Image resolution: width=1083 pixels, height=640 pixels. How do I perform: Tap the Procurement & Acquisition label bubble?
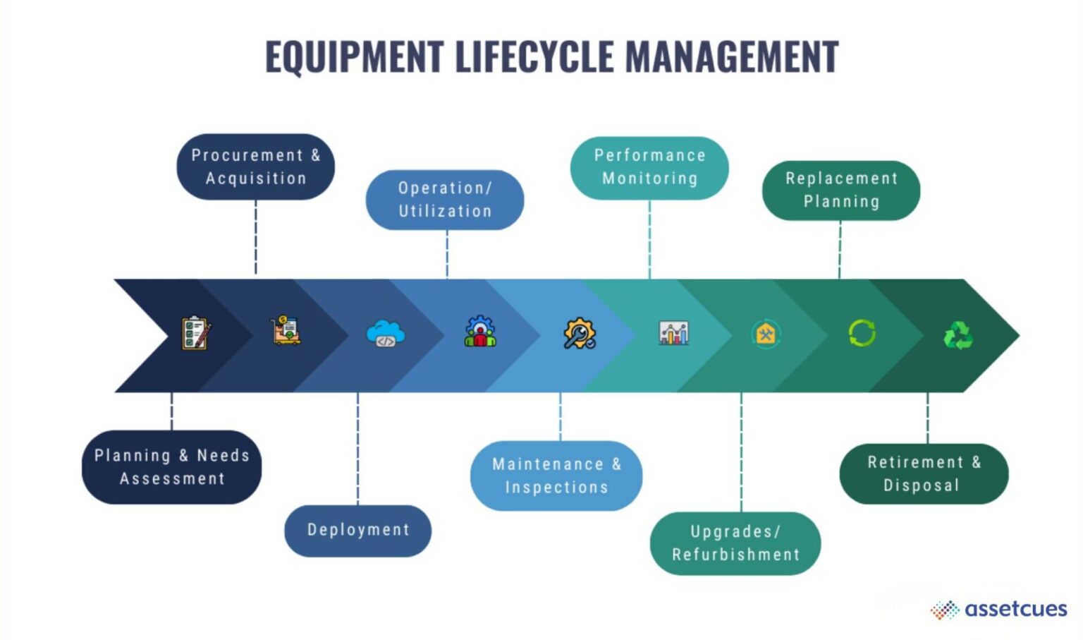(255, 167)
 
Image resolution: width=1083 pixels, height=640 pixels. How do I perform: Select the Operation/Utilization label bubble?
(444, 200)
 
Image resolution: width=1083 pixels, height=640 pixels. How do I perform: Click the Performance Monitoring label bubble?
(649, 167)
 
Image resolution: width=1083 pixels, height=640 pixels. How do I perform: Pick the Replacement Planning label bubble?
(840, 191)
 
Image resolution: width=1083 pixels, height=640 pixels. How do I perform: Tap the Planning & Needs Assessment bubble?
(171, 466)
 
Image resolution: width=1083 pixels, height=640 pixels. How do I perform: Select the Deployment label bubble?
(357, 530)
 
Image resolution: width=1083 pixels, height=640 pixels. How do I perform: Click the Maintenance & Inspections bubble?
(556, 476)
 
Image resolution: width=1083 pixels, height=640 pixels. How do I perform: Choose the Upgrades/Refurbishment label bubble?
(735, 543)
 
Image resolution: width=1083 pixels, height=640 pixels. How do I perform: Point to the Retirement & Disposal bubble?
(923, 473)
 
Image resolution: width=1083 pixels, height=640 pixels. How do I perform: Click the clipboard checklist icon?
(195, 333)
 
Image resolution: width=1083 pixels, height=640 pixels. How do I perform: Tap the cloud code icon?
(385, 333)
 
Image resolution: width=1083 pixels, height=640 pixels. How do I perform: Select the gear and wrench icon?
(579, 333)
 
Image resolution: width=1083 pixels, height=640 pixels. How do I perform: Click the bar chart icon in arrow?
(673, 332)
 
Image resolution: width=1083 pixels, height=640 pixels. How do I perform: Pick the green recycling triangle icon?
(957, 335)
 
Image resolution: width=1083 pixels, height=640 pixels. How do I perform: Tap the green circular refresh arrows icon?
(862, 333)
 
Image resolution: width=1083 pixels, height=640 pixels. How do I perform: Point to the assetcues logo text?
(1015, 608)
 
